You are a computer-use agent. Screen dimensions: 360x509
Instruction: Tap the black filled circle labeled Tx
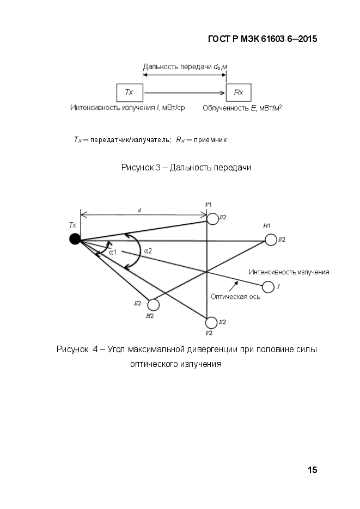(75, 239)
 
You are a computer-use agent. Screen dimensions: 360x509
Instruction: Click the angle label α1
(113, 252)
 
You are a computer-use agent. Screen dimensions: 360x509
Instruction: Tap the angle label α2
(148, 251)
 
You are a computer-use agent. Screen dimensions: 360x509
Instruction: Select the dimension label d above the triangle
(139, 210)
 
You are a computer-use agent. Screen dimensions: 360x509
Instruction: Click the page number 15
(312, 470)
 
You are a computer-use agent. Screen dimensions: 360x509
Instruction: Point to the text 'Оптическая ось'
(235, 297)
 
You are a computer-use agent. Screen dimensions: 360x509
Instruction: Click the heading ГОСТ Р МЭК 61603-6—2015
(263, 39)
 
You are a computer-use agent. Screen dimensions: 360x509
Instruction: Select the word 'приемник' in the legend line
(210, 140)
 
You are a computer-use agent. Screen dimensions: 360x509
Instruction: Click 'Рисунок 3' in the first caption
(141, 168)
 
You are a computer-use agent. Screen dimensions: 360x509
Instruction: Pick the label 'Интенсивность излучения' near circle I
(289, 272)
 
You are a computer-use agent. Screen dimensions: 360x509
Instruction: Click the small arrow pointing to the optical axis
(234, 286)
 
